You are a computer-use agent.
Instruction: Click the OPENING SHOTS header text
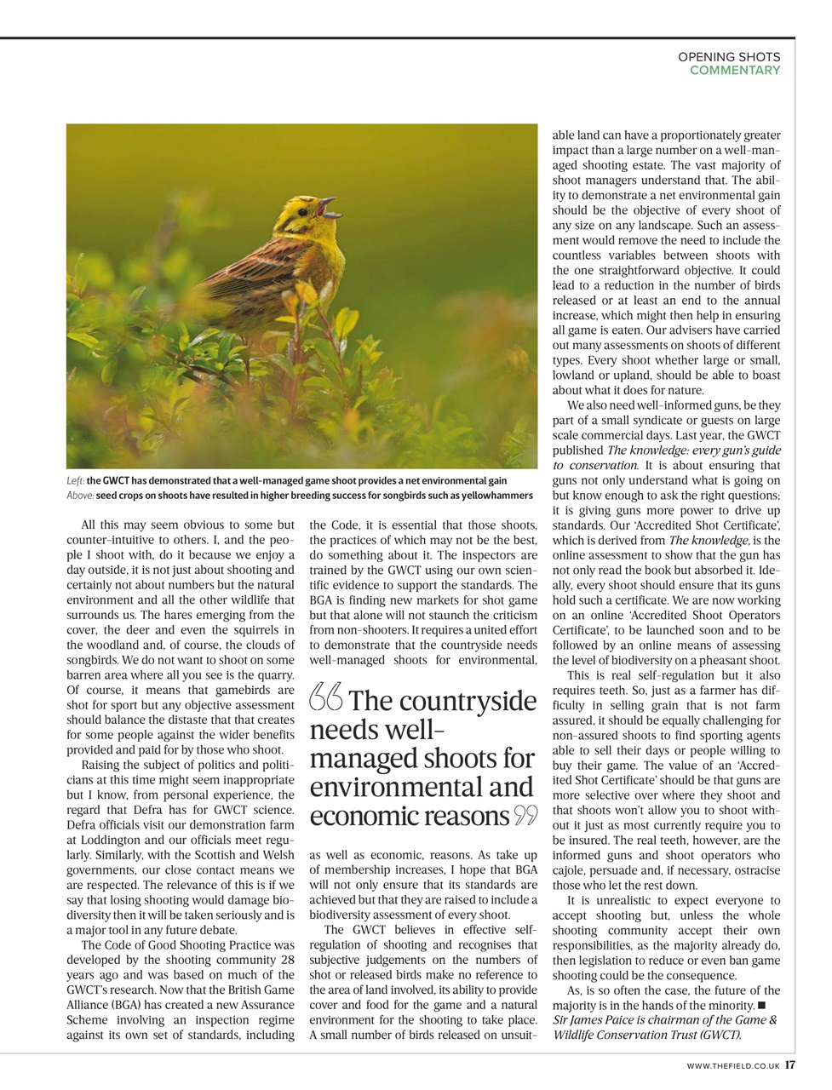point(728,57)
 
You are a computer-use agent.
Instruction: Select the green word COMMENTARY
point(734,71)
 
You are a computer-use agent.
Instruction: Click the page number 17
point(790,1064)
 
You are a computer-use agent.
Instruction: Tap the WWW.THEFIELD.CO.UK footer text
point(732,1064)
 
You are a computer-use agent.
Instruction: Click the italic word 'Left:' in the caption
point(75,481)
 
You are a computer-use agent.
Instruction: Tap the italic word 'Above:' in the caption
point(80,496)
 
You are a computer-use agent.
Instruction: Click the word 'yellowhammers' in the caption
point(498,496)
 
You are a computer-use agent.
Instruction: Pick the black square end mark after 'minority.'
point(760,1006)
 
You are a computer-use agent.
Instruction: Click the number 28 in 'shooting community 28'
point(287,960)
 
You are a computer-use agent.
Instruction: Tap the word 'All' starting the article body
point(89,525)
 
